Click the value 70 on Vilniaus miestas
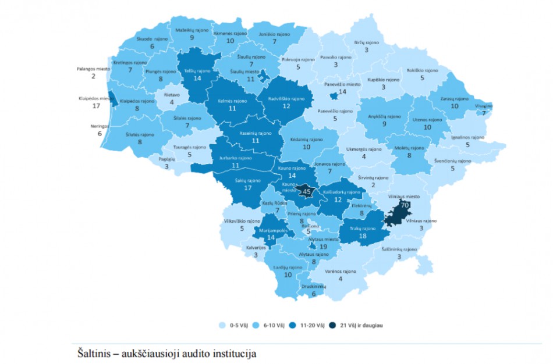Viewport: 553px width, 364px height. coord(403,205)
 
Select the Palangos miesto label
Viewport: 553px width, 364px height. coord(93,69)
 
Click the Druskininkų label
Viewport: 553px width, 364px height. coord(314,286)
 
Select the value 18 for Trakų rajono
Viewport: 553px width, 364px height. coord(363,237)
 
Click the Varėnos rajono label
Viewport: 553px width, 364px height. coord(341,271)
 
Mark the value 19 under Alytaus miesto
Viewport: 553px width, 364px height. coord(324,247)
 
